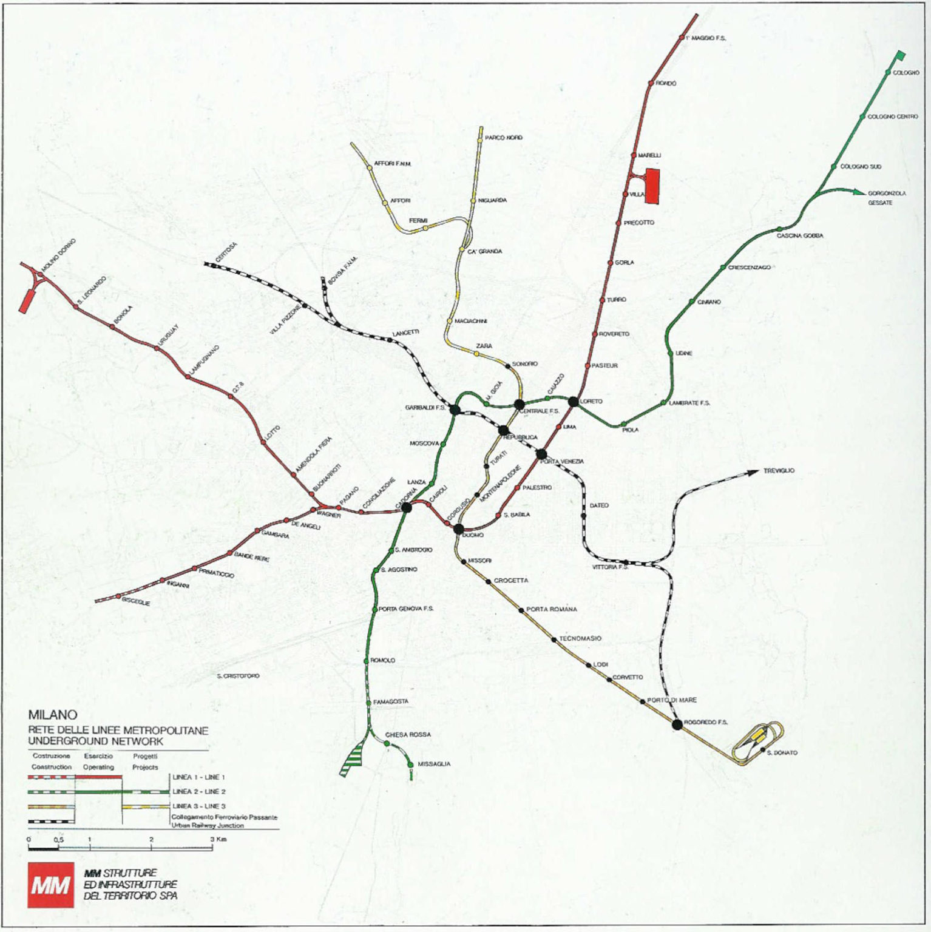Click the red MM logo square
click(x=50, y=885)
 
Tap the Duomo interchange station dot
click(x=459, y=529)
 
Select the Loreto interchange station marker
click(x=573, y=401)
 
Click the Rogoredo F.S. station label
click(x=705, y=722)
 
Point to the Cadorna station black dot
click(x=406, y=507)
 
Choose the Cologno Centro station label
click(x=892, y=116)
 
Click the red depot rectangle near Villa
click(x=652, y=186)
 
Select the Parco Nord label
click(x=504, y=138)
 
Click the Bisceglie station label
click(x=136, y=602)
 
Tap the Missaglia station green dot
click(x=411, y=764)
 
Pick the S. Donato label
click(x=782, y=752)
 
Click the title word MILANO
click(x=52, y=715)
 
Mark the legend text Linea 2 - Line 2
click(x=199, y=791)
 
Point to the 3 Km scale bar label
click(x=218, y=839)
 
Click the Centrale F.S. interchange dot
click(x=519, y=405)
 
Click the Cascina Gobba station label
click(x=800, y=235)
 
